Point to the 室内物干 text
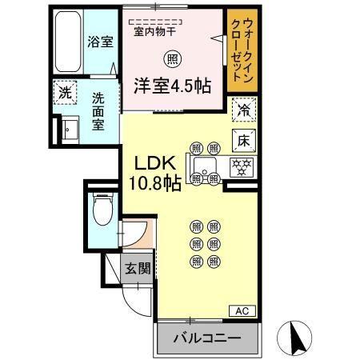(156, 33)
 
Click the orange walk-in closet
(240, 52)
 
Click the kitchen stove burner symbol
(242, 167)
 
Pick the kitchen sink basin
(205, 168)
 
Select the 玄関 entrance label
(136, 268)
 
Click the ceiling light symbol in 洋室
(172, 58)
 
